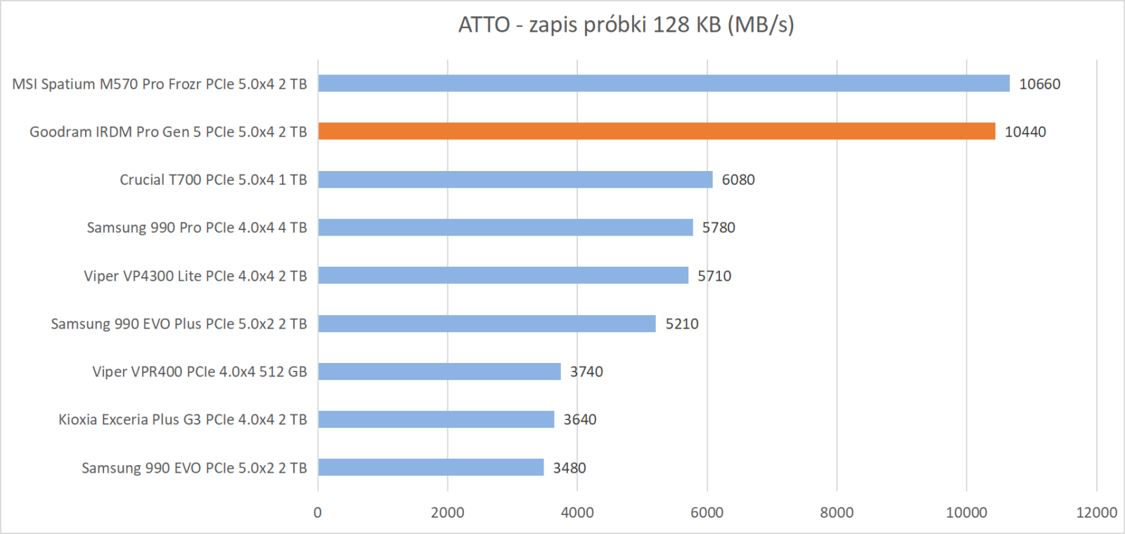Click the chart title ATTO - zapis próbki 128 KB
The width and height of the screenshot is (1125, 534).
point(626,25)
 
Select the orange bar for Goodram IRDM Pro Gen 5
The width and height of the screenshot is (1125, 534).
point(656,132)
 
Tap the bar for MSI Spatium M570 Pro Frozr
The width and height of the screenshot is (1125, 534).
point(663,84)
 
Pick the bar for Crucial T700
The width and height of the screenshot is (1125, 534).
point(515,179)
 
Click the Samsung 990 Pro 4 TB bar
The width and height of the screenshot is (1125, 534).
point(505,227)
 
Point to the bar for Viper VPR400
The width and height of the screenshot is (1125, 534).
point(439,371)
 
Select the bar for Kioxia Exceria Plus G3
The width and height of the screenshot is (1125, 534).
point(436,419)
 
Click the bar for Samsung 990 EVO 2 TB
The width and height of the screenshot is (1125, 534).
point(430,467)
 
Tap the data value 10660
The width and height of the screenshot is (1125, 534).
point(1039,84)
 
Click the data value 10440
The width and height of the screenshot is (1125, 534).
point(1024,132)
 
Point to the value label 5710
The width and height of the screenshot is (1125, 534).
point(714,276)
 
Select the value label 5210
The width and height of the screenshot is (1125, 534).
point(681,324)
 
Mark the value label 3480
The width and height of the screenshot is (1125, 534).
point(569,468)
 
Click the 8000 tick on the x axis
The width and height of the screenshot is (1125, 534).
point(836,512)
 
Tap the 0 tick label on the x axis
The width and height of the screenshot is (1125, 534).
point(318,512)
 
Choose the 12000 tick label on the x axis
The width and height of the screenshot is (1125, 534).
point(1095,512)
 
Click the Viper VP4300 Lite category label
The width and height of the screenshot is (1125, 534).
point(195,276)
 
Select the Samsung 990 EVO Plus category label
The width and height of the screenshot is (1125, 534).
point(179,324)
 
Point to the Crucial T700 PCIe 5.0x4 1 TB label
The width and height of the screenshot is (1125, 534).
point(213,179)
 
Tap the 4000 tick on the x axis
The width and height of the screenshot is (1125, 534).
point(577,512)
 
